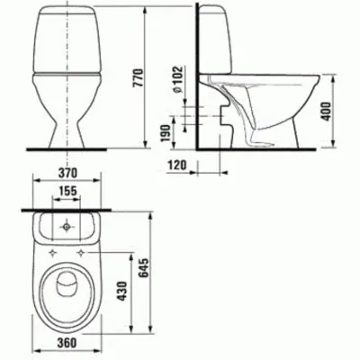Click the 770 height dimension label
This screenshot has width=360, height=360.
point(139,78)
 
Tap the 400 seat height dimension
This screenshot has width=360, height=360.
point(327,112)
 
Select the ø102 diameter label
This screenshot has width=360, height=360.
point(177,79)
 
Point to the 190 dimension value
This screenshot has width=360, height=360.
point(166,133)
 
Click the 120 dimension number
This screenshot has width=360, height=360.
point(176,165)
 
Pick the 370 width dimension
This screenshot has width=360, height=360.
point(67,173)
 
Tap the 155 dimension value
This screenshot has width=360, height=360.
point(67,191)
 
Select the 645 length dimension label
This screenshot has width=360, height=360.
point(144,268)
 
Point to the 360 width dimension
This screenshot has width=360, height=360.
point(67,342)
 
